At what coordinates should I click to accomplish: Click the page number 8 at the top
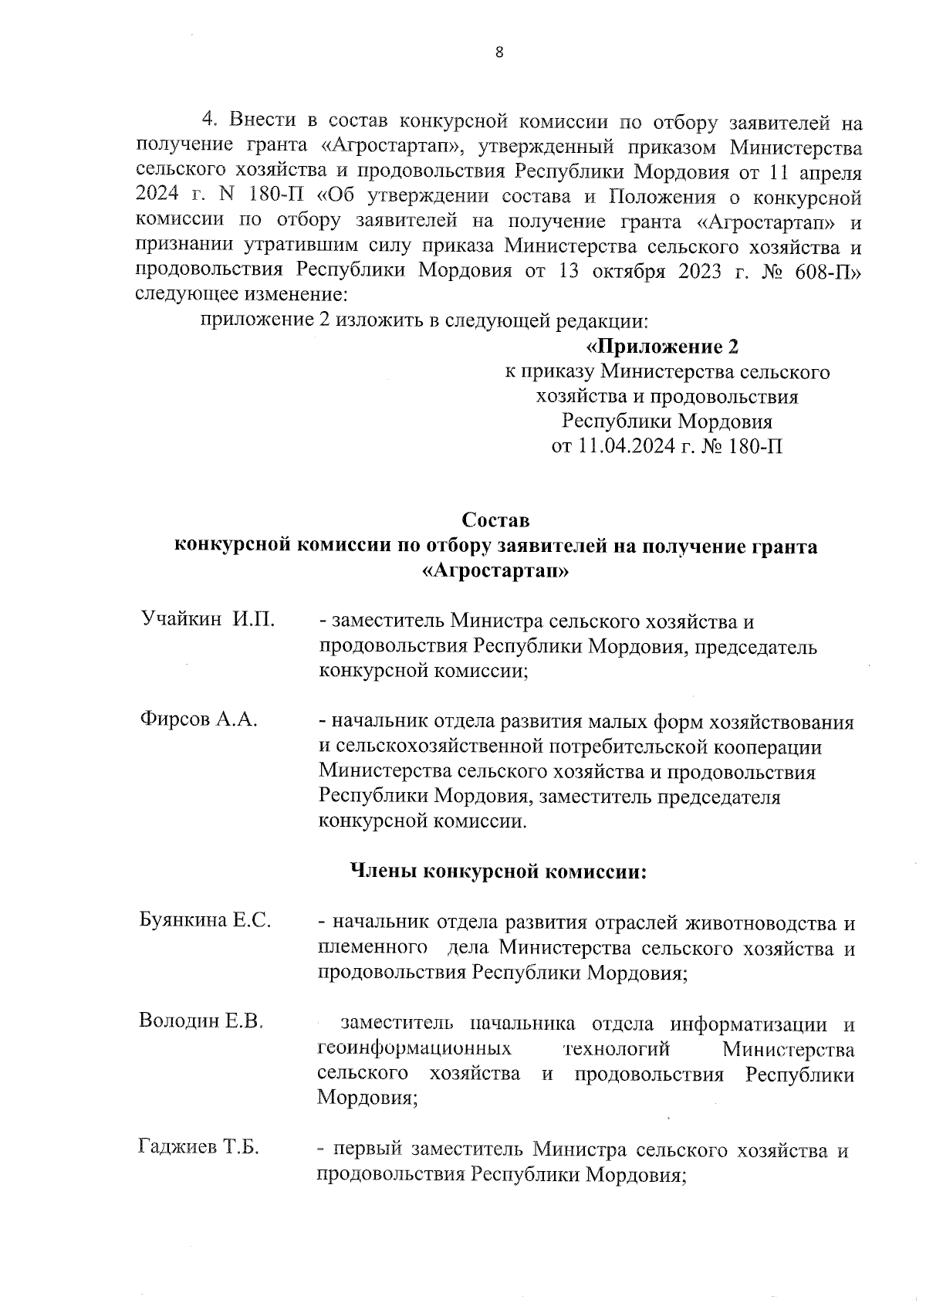[x=498, y=52]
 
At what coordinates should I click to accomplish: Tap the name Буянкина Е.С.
[x=204, y=920]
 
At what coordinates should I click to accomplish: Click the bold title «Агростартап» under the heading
[x=495, y=571]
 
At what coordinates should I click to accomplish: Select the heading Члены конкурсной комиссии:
[x=498, y=872]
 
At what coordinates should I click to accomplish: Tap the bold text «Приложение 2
[x=662, y=346]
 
